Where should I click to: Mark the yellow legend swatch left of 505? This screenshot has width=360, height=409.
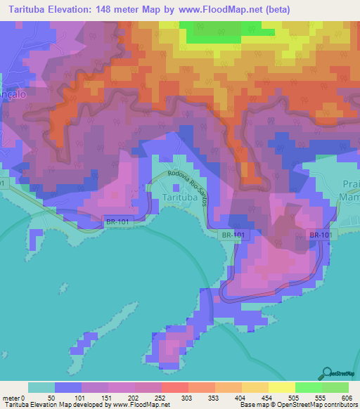tap(281, 387)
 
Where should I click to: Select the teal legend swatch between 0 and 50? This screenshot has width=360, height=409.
tap(41, 387)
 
